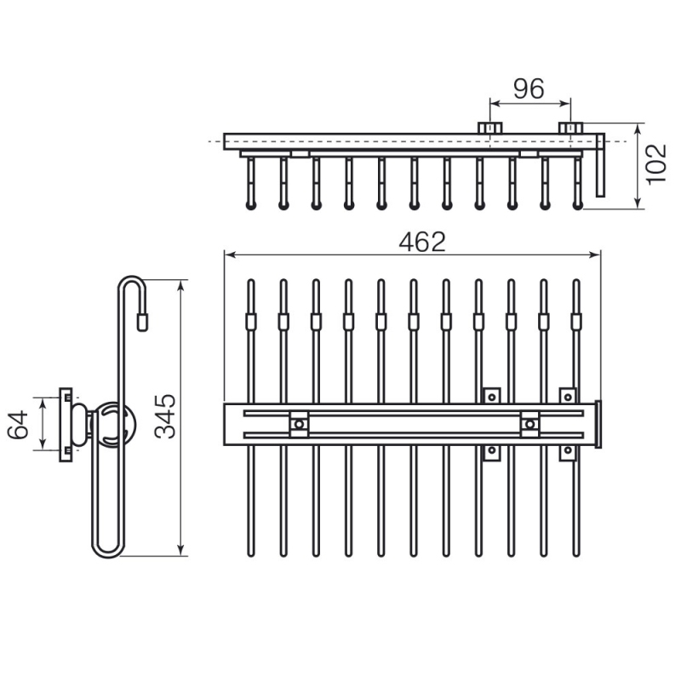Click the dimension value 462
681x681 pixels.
(x=422, y=242)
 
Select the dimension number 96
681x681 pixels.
(x=529, y=89)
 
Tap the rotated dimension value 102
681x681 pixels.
(x=655, y=164)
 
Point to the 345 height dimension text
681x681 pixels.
(x=165, y=416)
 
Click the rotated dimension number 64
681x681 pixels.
(x=18, y=425)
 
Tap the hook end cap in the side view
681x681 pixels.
(x=142, y=322)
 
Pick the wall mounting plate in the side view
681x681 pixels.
(x=66, y=424)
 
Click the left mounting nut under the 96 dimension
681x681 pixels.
(x=490, y=129)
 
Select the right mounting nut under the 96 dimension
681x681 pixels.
(x=570, y=129)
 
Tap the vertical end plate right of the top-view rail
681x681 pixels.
(x=600, y=165)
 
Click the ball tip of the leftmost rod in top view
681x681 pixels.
(x=250, y=205)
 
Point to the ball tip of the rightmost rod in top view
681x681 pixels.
(x=578, y=205)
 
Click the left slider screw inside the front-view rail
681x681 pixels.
(x=299, y=424)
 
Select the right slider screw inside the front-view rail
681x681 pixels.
(x=529, y=424)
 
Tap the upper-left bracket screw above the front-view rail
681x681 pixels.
(x=492, y=397)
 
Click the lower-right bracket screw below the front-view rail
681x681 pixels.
(x=568, y=451)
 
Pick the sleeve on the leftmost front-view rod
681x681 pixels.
(x=250, y=322)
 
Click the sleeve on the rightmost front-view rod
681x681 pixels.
(x=576, y=322)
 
